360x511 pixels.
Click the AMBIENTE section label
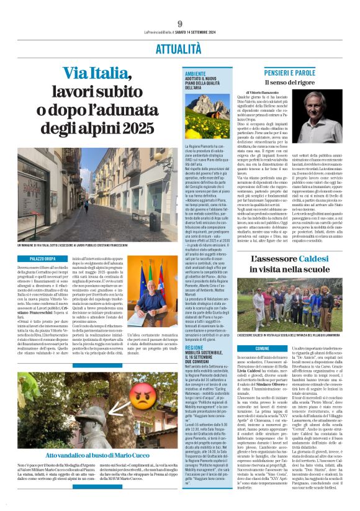(194, 73)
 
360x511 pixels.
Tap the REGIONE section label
(193, 349)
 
